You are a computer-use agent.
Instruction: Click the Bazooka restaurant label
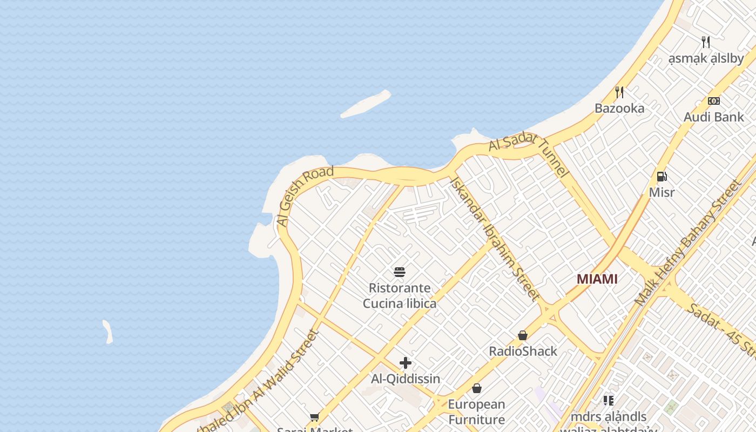[619, 109]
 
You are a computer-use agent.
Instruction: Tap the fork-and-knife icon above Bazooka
[619, 92]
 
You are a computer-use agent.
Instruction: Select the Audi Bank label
[713, 117]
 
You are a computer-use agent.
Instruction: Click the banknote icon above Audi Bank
[713, 101]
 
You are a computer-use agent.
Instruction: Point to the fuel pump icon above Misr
[661, 177]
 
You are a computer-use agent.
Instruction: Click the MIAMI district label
[597, 279]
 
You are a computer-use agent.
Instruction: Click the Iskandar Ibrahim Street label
[494, 239]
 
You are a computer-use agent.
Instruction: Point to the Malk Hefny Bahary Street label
[688, 243]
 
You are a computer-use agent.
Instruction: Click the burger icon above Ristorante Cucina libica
[400, 272]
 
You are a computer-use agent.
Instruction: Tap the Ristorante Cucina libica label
[400, 295]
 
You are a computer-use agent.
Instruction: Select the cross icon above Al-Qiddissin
[406, 363]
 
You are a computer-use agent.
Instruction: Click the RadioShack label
[523, 352]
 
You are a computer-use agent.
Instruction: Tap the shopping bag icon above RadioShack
[523, 335]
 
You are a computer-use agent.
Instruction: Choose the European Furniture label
[477, 411]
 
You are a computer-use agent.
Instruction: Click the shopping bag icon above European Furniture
[477, 388]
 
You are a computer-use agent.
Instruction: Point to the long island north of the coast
[366, 104]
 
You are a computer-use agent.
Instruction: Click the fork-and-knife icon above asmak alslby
[705, 42]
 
